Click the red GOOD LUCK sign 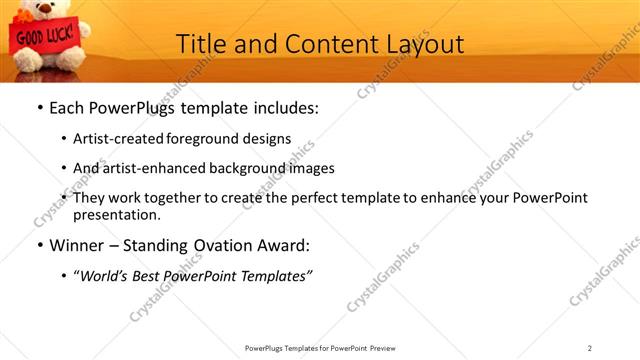tap(39, 38)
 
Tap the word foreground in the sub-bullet tap(215, 139)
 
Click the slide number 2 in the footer tap(590, 348)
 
